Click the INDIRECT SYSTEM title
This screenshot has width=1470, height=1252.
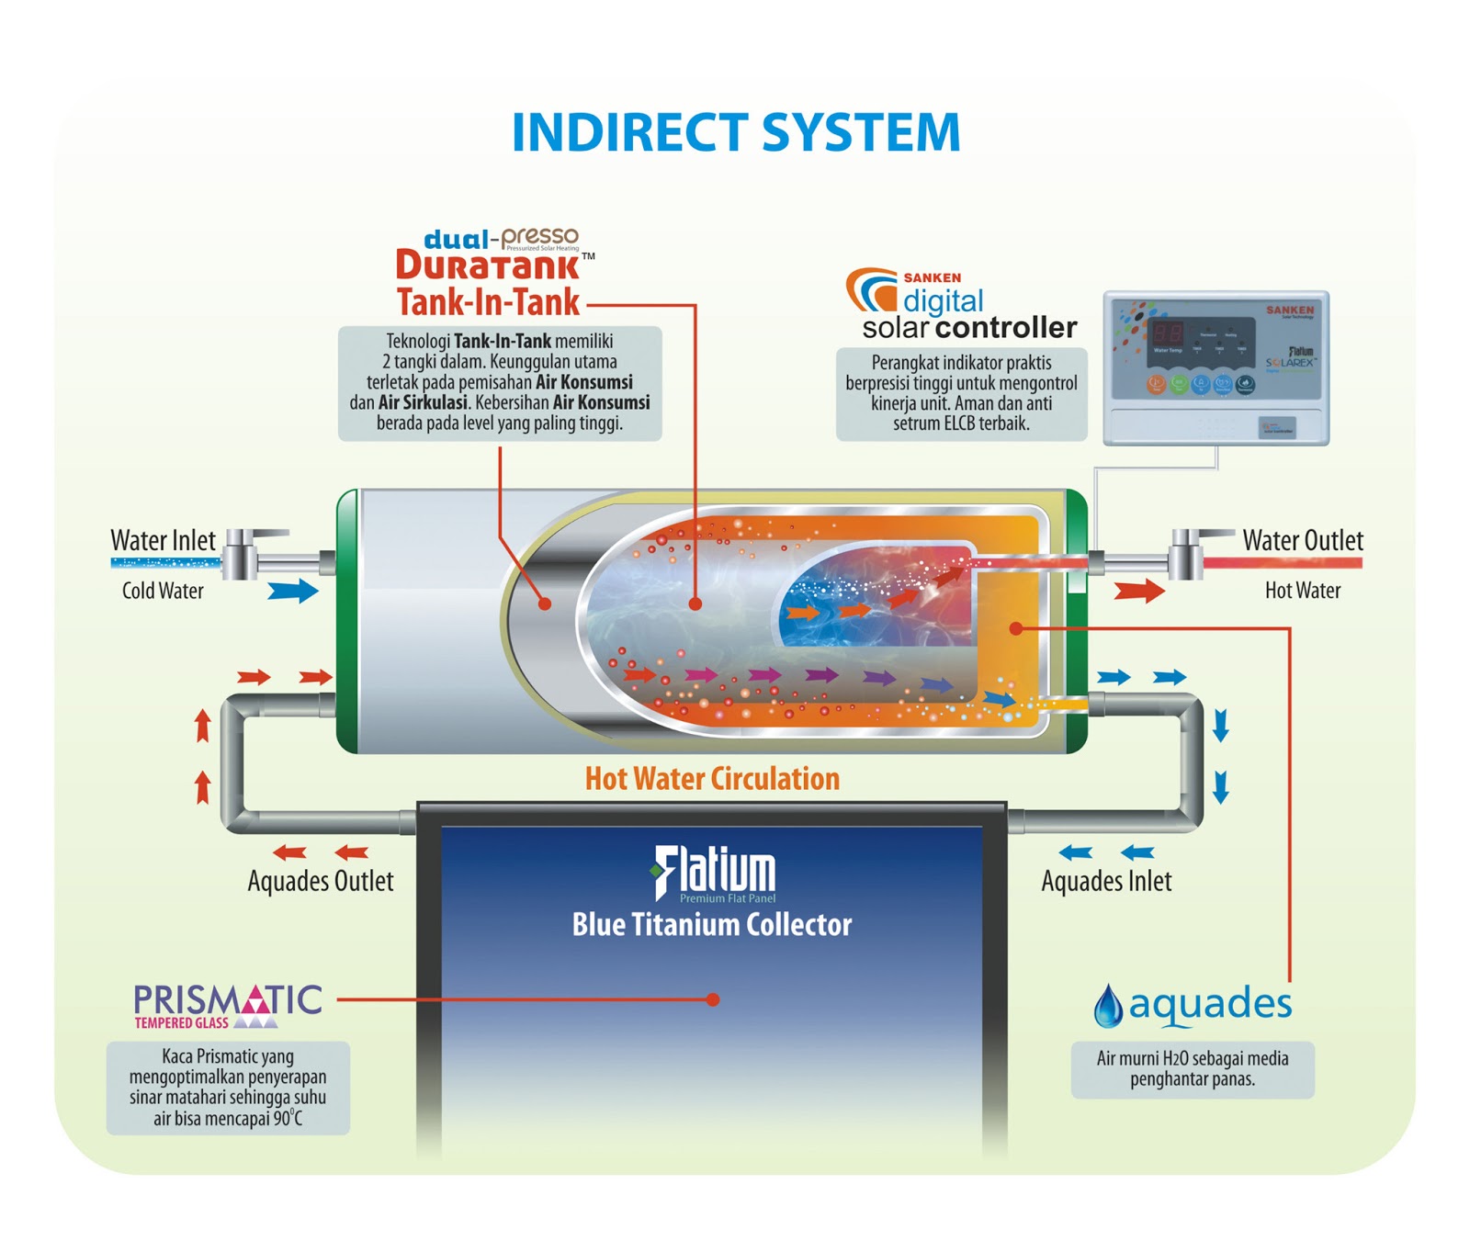[735, 132]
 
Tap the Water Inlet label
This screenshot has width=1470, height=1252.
[163, 540]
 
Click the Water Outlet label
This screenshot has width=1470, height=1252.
[1302, 540]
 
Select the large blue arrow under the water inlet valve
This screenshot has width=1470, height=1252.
[292, 591]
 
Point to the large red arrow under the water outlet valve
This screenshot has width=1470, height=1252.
[1138, 591]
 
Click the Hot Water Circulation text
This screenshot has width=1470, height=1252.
[712, 779]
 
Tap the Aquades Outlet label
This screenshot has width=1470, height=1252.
[320, 881]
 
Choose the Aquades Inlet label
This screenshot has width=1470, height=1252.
[1106, 881]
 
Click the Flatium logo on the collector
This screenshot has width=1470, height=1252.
[714, 872]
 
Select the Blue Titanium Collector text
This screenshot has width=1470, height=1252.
[712, 924]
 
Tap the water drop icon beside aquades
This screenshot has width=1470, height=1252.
[1108, 1007]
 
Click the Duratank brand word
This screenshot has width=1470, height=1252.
[487, 266]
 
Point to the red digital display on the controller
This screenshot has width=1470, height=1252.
[1168, 333]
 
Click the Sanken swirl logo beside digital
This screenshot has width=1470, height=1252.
[871, 291]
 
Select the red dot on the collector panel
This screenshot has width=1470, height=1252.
[713, 999]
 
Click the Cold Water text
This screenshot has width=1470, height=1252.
[163, 591]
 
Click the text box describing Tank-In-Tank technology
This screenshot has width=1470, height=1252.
[499, 383]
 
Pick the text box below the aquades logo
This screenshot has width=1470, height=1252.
[1192, 1069]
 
